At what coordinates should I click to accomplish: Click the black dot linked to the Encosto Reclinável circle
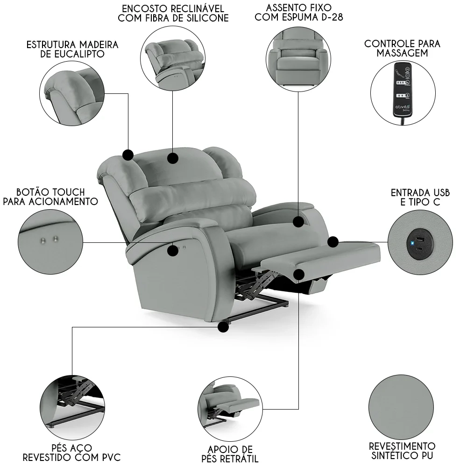(173, 158)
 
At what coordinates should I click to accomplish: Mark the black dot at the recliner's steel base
(224, 327)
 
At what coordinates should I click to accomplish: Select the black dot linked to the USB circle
(333, 242)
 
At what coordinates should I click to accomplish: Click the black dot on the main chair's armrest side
(173, 250)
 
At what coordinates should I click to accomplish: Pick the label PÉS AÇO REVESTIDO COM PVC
(71, 452)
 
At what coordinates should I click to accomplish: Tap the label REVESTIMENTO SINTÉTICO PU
(402, 451)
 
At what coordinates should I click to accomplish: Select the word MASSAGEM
(402, 53)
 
